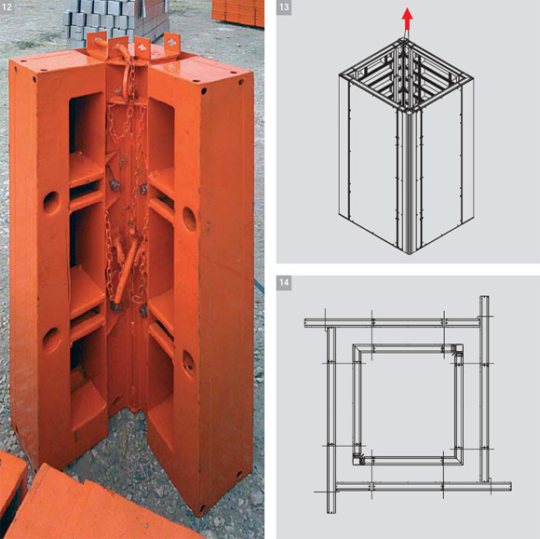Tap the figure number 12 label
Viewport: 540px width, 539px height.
[x=7, y=7]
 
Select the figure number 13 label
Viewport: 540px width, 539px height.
[x=284, y=7]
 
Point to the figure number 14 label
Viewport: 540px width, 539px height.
[x=284, y=283]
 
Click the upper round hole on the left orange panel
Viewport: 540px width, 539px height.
[x=51, y=203]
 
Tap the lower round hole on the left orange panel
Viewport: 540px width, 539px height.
[x=51, y=340]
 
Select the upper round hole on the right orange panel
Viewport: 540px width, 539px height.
[x=189, y=219]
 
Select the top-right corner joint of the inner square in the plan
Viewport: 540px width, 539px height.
[x=457, y=350]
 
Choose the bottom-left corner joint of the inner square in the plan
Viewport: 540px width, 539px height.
[x=359, y=459]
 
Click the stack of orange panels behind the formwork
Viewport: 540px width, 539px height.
[x=238, y=13]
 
